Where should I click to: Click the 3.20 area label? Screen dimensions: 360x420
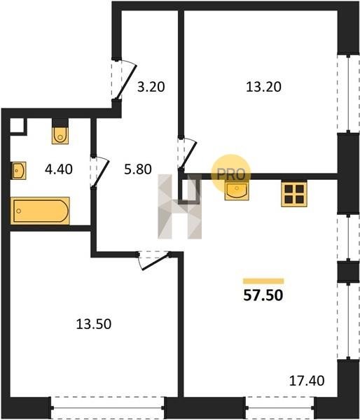pos(151,87)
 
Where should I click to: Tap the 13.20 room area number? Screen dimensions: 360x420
pos(263,87)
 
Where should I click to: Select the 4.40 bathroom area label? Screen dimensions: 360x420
pos(59,169)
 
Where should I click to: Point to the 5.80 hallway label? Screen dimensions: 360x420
pos(138,169)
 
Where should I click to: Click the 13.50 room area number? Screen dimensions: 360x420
pos(94,324)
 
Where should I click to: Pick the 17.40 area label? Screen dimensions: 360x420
pos(307,381)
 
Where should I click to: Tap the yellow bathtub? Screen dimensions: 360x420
pos(40,211)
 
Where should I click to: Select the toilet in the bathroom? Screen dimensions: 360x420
pos(60,136)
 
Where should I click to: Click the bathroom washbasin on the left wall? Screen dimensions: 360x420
pos(19,170)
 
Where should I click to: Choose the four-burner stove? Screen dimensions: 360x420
pos(294,194)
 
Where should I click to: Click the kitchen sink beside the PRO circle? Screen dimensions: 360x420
pos(237,190)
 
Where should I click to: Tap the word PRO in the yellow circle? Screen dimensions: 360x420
pos(231,174)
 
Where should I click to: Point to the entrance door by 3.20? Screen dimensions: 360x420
pos(124,80)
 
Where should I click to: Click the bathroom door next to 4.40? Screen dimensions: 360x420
pos(99,171)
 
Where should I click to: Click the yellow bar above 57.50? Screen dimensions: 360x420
pos(263,281)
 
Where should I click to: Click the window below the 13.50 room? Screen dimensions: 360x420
pos(108,408)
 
